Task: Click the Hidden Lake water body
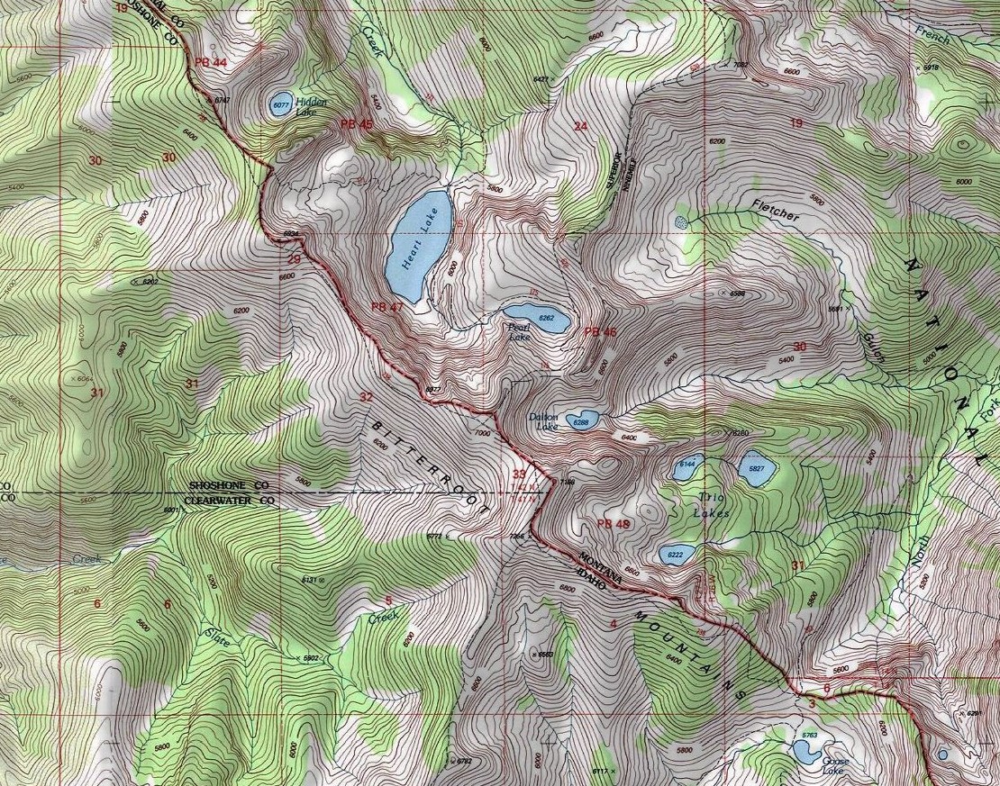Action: pos(280,104)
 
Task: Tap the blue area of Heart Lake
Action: pos(419,245)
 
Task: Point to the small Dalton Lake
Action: pos(584,420)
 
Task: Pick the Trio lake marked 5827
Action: pos(754,469)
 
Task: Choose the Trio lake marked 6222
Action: pos(674,555)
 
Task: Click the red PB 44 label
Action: pos(210,61)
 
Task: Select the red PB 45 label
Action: pos(356,123)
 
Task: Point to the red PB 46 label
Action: pos(600,331)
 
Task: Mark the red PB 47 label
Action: pos(386,307)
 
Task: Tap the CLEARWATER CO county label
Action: pos(229,500)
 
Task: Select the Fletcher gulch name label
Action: pos(775,213)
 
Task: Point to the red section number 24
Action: pos(580,126)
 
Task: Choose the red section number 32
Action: pos(365,396)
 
